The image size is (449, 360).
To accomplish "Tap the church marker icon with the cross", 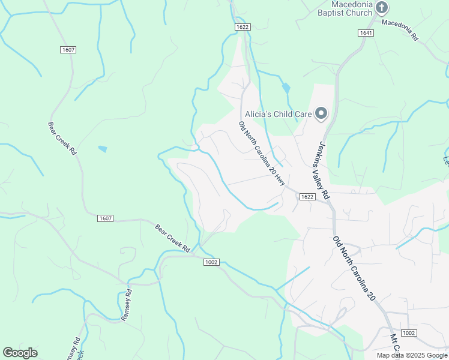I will pyautogui.click(x=382, y=7).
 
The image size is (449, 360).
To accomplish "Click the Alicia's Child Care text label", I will pyautogui.click(x=278, y=113).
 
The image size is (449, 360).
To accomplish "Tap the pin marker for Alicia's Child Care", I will pyautogui.click(x=321, y=113).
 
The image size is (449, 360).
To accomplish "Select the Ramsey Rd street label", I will pyautogui.click(x=126, y=305).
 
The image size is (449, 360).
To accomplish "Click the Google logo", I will pyautogui.click(x=20, y=353).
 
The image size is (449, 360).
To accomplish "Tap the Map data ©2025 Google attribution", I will pyautogui.click(x=412, y=355).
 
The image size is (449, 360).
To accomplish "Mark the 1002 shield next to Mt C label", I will pyautogui.click(x=408, y=333).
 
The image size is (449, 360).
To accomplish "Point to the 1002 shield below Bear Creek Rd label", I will pyautogui.click(x=211, y=262).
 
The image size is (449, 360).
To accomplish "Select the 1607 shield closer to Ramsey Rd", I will pyautogui.click(x=104, y=218).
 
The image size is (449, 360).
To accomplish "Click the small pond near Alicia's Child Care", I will pyautogui.click(x=286, y=88).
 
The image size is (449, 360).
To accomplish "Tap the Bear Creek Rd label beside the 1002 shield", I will pyautogui.click(x=172, y=238).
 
